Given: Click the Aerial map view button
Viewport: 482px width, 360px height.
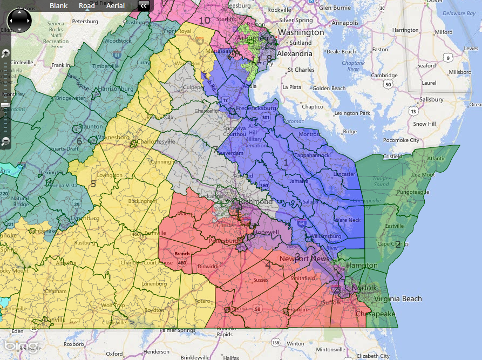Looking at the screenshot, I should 115,6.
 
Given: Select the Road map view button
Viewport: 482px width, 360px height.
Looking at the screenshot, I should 86,6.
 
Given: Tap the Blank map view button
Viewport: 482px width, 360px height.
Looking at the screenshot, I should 59,6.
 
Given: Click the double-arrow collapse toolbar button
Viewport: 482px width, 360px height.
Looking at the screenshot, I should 144,6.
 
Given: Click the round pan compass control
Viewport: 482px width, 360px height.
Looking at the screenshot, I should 19,21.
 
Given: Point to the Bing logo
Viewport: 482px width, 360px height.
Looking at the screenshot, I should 22,345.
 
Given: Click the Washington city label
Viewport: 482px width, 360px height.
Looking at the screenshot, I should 301,32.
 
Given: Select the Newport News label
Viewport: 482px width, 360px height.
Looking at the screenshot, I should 304,259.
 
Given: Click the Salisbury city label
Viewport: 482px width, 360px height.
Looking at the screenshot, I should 429,99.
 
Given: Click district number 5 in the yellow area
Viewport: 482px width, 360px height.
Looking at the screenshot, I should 93,184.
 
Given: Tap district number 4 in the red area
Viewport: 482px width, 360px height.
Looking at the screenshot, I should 268,264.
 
